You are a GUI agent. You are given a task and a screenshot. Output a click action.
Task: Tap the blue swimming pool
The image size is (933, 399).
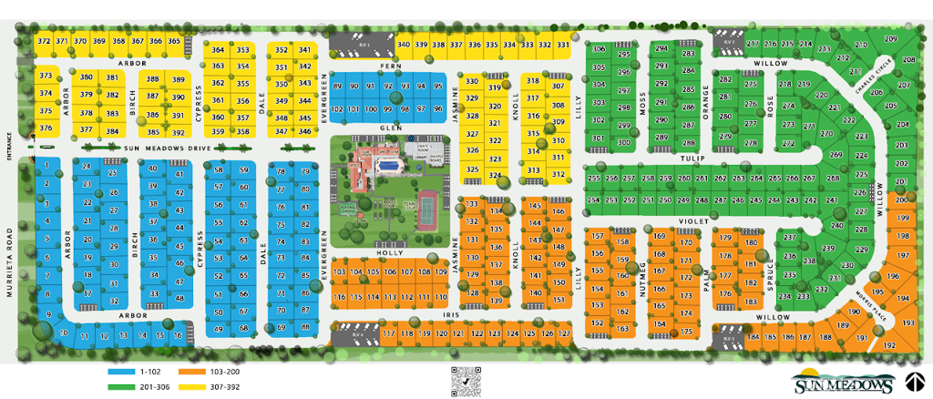tap(389, 167)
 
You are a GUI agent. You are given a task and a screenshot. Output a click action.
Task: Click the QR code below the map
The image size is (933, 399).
tap(466, 378)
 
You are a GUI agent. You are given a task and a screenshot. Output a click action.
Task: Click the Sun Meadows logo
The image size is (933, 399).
tap(844, 382)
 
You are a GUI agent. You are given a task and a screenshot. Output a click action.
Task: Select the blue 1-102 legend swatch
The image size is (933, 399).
tap(121, 372)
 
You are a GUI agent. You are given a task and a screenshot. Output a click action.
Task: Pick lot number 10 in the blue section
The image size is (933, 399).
tap(63, 332)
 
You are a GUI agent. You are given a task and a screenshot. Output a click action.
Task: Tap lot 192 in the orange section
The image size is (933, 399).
tap(889, 345)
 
